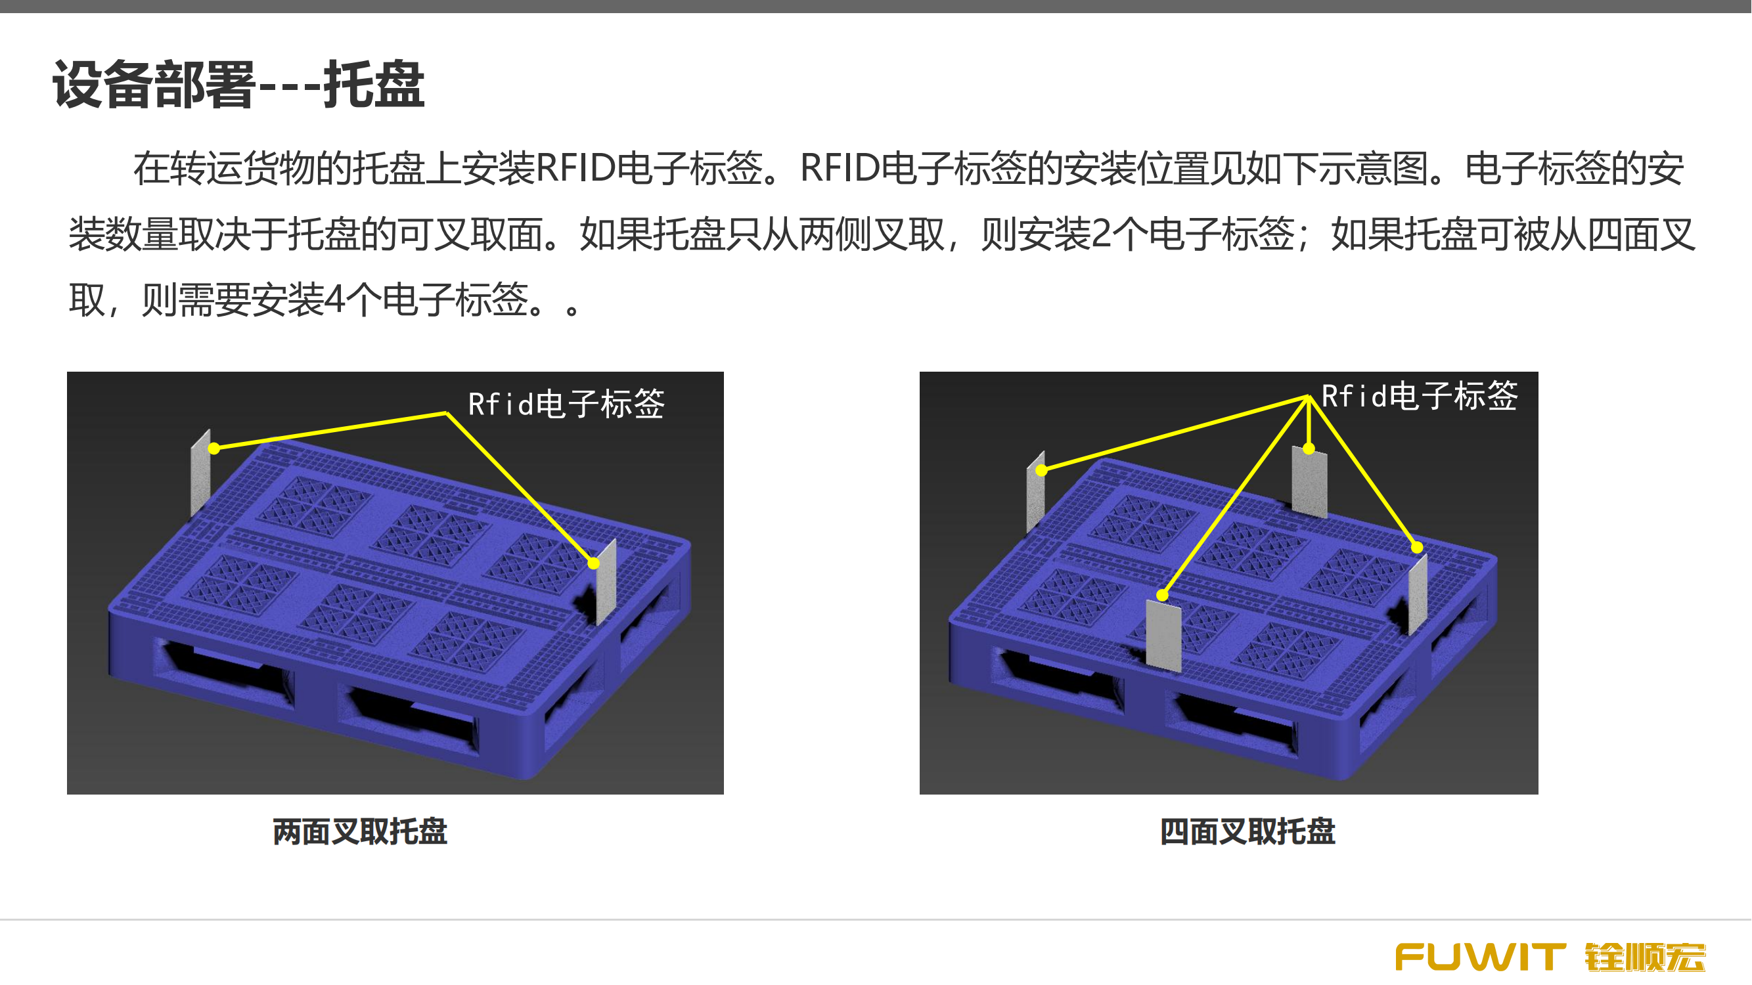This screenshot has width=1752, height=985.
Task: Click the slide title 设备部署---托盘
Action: (x=238, y=84)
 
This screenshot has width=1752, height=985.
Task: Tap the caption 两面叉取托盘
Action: (x=361, y=831)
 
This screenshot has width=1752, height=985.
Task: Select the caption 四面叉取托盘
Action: (x=1248, y=831)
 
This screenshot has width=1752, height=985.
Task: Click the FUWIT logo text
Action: (x=1481, y=957)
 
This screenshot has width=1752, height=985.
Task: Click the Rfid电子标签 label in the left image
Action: (x=566, y=404)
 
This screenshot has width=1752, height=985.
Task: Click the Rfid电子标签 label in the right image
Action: (x=1420, y=395)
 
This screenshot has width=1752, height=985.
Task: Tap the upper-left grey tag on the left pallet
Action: (x=200, y=472)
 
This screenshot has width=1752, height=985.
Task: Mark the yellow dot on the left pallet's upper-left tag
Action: (x=214, y=449)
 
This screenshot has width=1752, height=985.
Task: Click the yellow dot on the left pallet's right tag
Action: (x=594, y=563)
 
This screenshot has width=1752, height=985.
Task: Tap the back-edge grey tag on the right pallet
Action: (x=1310, y=482)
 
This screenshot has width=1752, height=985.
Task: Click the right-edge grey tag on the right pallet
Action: (x=1418, y=595)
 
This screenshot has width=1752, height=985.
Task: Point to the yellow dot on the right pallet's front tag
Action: (x=1163, y=596)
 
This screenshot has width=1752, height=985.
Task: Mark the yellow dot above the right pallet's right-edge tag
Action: (x=1418, y=547)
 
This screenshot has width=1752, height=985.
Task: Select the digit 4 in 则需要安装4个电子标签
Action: (x=334, y=299)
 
